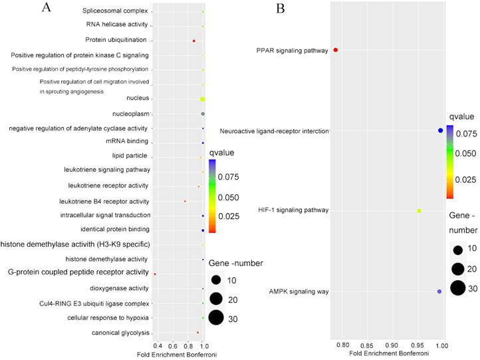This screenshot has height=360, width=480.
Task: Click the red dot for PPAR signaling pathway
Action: coord(336,50)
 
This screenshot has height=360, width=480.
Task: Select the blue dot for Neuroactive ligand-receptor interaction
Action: coord(440,130)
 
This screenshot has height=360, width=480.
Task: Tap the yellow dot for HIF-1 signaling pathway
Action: coord(419,211)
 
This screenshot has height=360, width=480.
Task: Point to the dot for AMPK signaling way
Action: coord(439,291)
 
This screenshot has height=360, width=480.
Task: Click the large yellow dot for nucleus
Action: coord(202,99)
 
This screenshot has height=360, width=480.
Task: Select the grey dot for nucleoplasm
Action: coord(203,114)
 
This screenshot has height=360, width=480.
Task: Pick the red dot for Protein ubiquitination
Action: coord(194,41)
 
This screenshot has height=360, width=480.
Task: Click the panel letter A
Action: coord(46,8)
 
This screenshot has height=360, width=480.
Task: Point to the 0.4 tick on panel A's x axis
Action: coord(157,347)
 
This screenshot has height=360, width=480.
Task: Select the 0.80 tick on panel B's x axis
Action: coord(342,346)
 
